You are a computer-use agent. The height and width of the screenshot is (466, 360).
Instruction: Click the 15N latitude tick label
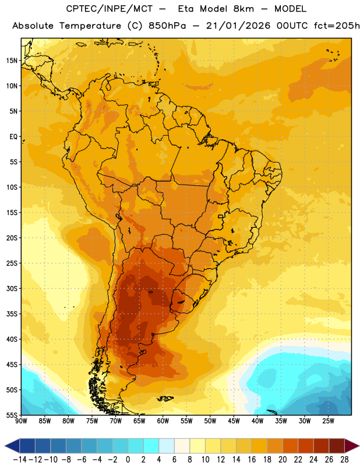[12, 61]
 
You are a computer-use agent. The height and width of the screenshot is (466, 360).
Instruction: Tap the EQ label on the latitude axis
[13, 137]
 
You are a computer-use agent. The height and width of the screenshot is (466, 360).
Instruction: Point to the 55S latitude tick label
[12, 415]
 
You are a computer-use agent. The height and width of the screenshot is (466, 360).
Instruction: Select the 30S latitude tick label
[12, 288]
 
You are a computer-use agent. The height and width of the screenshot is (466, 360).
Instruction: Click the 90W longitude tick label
[22, 421]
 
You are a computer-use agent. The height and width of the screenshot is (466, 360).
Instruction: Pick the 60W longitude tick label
[163, 421]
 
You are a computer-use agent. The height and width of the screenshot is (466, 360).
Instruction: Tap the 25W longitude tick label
[328, 421]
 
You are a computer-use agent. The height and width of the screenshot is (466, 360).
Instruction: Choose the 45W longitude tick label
[234, 421]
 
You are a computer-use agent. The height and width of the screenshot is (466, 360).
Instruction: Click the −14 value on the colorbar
[20, 460]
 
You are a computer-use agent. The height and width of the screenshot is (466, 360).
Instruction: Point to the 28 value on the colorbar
[344, 460]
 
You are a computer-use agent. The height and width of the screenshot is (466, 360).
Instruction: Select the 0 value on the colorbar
[128, 460]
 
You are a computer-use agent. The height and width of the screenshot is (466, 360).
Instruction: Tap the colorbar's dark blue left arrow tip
[5, 446]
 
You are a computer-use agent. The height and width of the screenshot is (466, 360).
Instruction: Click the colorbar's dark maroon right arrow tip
[359, 446]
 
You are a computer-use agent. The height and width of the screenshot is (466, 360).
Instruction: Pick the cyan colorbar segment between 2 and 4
[151, 446]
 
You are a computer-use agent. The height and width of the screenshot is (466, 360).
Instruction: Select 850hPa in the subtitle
[167, 26]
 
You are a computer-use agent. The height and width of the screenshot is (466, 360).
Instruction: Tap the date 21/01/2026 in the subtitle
[238, 26]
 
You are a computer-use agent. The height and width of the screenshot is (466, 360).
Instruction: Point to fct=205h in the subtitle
[337, 26]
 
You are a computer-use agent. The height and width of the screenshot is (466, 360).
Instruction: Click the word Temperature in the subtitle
[90, 26]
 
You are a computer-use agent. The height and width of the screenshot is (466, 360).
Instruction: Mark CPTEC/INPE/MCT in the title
[110, 9]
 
